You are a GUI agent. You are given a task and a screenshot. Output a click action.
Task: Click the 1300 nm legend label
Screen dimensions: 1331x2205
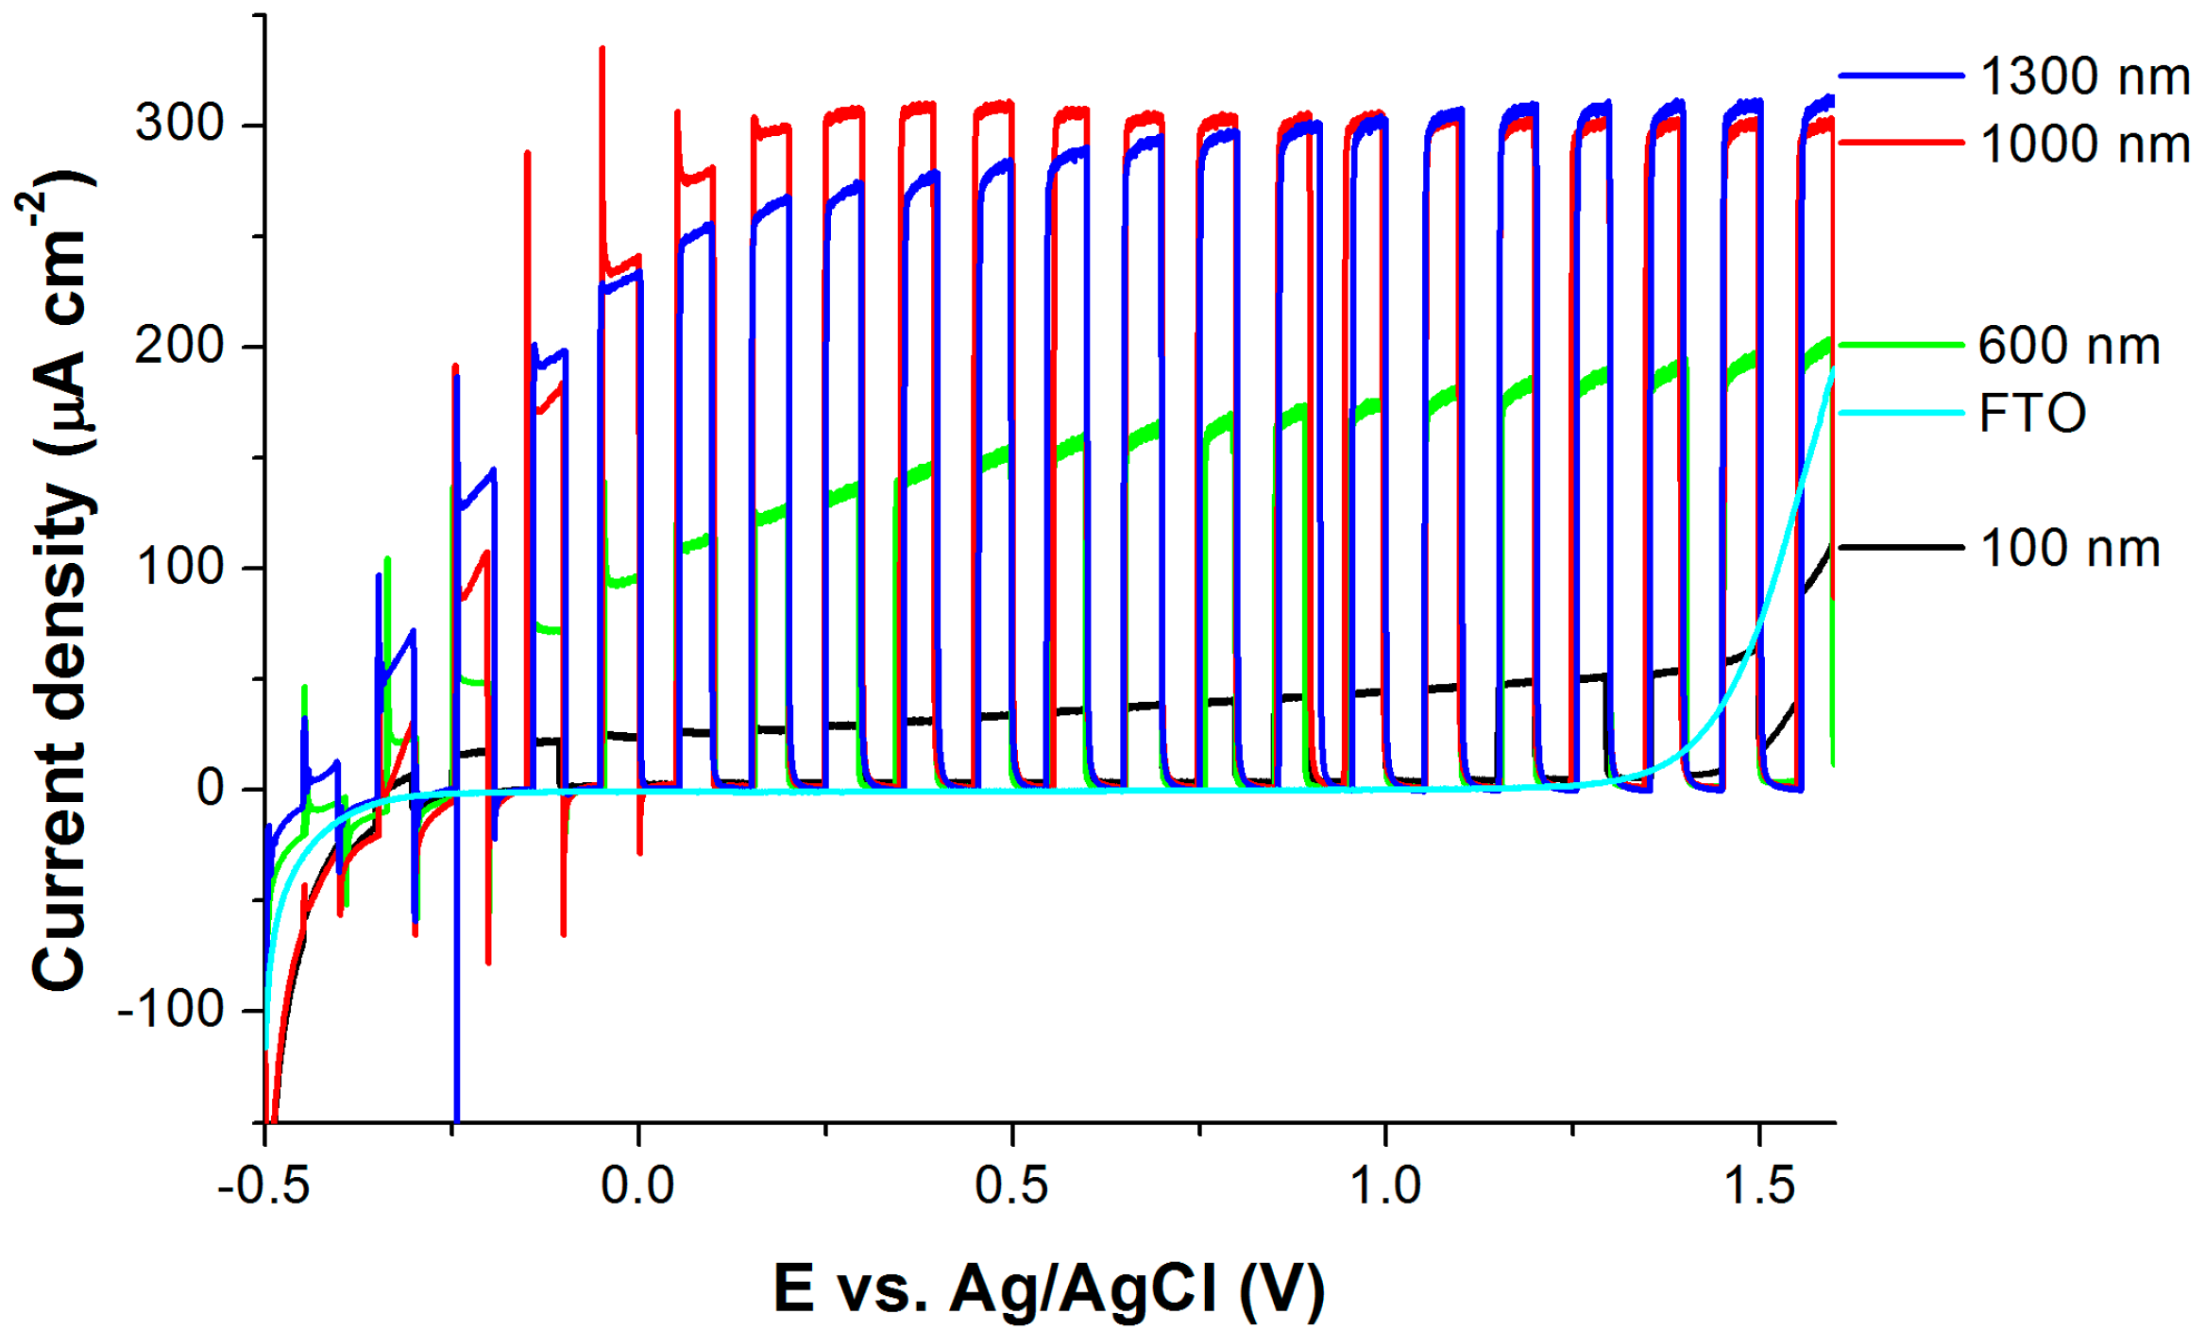2084,77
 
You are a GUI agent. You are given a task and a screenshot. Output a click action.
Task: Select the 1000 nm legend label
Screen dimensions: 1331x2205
2084,145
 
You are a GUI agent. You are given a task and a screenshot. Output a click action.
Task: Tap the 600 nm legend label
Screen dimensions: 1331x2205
2068,346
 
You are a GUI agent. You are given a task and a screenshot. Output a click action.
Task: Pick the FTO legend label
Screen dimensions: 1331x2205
2031,413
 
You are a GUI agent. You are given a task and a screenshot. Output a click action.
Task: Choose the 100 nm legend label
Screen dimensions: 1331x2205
2069,548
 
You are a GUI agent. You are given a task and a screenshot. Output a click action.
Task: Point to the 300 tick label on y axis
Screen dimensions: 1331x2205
179,123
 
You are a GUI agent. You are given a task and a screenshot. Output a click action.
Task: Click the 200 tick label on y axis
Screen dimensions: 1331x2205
179,345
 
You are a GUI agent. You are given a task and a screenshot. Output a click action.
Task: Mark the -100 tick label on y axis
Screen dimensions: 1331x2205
170,1010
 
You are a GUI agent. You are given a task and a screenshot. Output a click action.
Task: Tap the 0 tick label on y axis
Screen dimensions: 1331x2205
210,788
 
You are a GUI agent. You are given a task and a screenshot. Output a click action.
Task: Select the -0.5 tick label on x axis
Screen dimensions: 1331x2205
263,1186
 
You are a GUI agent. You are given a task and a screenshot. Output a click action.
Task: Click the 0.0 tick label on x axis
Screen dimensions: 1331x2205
638,1186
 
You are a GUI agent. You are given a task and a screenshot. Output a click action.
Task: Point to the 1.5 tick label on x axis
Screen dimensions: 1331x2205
1759,1186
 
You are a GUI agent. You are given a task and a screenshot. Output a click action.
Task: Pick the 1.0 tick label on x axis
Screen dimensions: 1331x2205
1385,1186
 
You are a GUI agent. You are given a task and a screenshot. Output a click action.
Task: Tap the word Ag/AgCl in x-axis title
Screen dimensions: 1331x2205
1083,1288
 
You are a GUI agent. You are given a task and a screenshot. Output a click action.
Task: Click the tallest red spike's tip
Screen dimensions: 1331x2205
602,49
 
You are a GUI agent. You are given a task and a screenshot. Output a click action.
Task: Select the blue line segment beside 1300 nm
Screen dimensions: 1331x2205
1900,75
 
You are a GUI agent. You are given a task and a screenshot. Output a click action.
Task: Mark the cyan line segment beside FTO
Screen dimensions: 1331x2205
1900,412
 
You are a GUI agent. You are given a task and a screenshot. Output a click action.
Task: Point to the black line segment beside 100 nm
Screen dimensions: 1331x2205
1900,547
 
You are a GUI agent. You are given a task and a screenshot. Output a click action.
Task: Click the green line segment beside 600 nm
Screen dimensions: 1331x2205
1900,345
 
